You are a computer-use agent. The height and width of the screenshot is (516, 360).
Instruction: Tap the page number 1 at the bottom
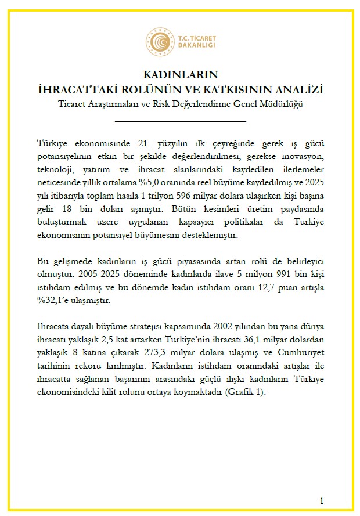click(x=322, y=500)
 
